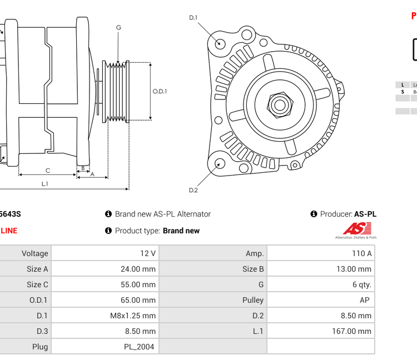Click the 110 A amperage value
pyautogui.click(x=361, y=253)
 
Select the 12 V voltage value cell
pyautogui.click(x=147, y=253)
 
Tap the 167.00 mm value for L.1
pyautogui.click(x=356, y=331)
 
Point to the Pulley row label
pyautogui.click(x=253, y=300)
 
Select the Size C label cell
pyautogui.click(x=37, y=284)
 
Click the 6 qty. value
pyautogui.click(x=361, y=284)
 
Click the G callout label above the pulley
pyautogui.click(x=118, y=28)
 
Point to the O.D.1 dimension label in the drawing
pyautogui.click(x=160, y=92)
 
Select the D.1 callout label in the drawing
pyautogui.click(x=193, y=18)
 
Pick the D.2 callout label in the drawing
pyautogui.click(x=193, y=190)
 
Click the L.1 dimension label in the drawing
pyautogui.click(x=45, y=183)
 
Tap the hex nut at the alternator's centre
pyautogui.click(x=280, y=104)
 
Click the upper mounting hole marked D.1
pyautogui.click(x=220, y=43)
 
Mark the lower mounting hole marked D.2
pyautogui.click(x=220, y=163)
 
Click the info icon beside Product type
pyautogui.click(x=108, y=231)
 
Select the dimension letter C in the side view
pyautogui.click(x=48, y=171)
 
